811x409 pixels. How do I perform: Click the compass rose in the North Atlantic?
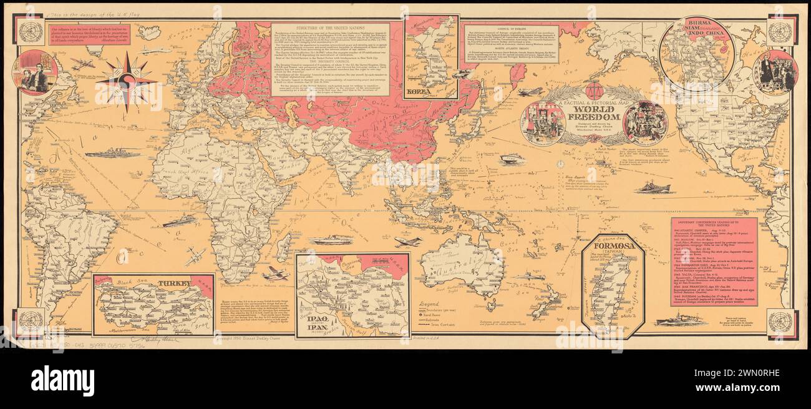pyautogui.click(x=127, y=81)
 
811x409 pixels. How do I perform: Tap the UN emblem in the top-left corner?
pyautogui.click(x=29, y=31)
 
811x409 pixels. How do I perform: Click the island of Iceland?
pyautogui.click(x=149, y=31)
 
